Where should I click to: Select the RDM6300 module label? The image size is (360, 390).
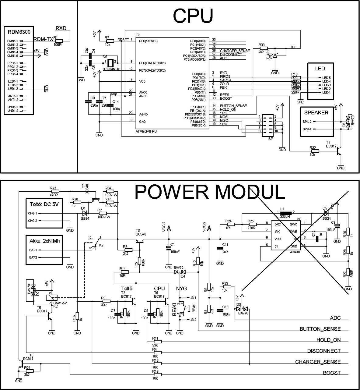pos(17,31)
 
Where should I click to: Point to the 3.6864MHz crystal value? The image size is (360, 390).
pos(111,69)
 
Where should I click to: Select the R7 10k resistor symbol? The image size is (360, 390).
pos(110,41)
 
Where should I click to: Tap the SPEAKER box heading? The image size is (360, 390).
pos(316,112)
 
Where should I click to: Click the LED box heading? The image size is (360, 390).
pos(320,69)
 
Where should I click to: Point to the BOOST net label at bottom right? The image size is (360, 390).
pos(332,373)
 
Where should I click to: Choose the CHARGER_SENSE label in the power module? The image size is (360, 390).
pos(318,362)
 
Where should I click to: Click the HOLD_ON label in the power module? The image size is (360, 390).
pos(328,340)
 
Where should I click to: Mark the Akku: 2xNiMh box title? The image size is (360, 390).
pos(44,241)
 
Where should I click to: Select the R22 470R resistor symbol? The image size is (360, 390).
pos(55,191)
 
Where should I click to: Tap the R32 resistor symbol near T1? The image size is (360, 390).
pos(314,151)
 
